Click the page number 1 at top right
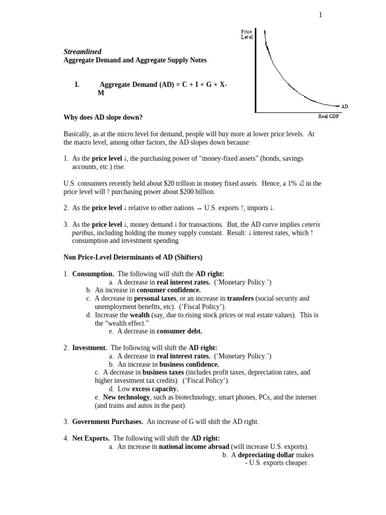coord(320,15)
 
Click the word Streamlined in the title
coord(82,52)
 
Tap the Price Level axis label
coord(246,34)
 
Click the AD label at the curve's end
coord(344,107)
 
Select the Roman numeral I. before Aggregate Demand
coord(77,85)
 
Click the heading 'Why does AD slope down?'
coord(103,118)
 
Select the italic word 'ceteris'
coord(311,224)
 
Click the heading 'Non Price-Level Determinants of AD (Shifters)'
coord(133,257)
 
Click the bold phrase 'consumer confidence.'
coord(168,290)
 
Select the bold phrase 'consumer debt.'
coord(179,331)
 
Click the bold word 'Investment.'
coord(89,348)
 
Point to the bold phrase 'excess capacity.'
coord(155,389)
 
